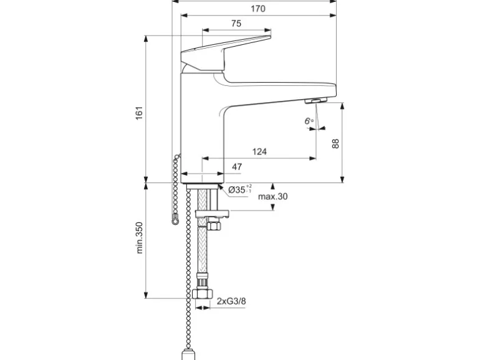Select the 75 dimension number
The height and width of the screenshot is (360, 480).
coord(236,24)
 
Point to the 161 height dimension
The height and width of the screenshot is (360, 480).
coord(140,112)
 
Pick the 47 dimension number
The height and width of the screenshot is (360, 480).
coord(237,167)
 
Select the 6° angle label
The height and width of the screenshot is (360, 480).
coord(308,121)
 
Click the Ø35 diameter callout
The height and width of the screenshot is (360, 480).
coord(240,189)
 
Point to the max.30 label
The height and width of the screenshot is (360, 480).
coord(273,196)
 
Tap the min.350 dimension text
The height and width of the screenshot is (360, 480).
coord(140,237)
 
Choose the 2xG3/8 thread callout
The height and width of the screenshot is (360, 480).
coord(231,302)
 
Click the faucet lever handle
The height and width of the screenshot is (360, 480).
coord(224,50)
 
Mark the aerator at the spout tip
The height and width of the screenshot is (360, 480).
coord(317,100)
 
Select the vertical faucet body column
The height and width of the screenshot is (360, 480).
coord(201,131)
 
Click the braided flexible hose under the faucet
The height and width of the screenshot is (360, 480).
coord(202,249)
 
